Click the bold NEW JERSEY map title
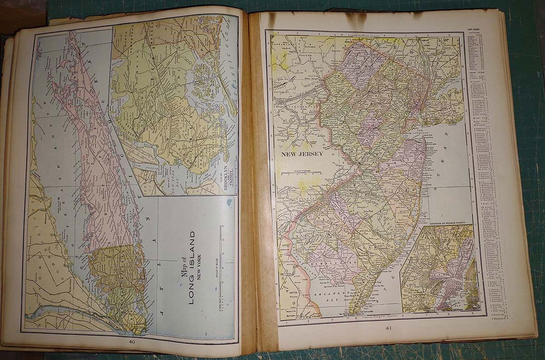click(302, 154)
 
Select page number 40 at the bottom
click(132, 341)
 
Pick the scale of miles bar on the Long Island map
click(220, 268)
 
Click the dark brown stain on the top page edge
click(355, 20)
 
